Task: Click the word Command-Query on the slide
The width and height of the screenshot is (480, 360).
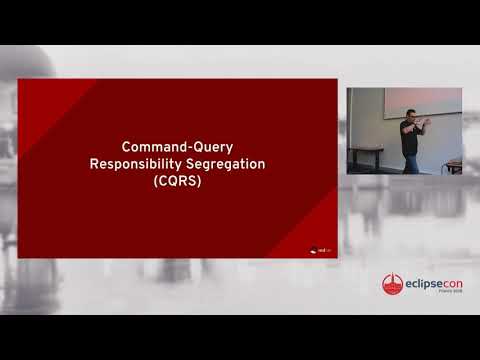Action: tap(178, 146)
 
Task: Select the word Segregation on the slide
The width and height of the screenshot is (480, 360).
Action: tap(224, 164)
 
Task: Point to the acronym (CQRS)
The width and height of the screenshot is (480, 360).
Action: tap(178, 182)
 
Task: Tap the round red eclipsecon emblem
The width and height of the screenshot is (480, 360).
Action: tap(392, 285)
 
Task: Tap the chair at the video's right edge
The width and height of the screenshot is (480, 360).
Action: tap(455, 166)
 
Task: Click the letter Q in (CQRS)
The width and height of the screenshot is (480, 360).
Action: tap(173, 182)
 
